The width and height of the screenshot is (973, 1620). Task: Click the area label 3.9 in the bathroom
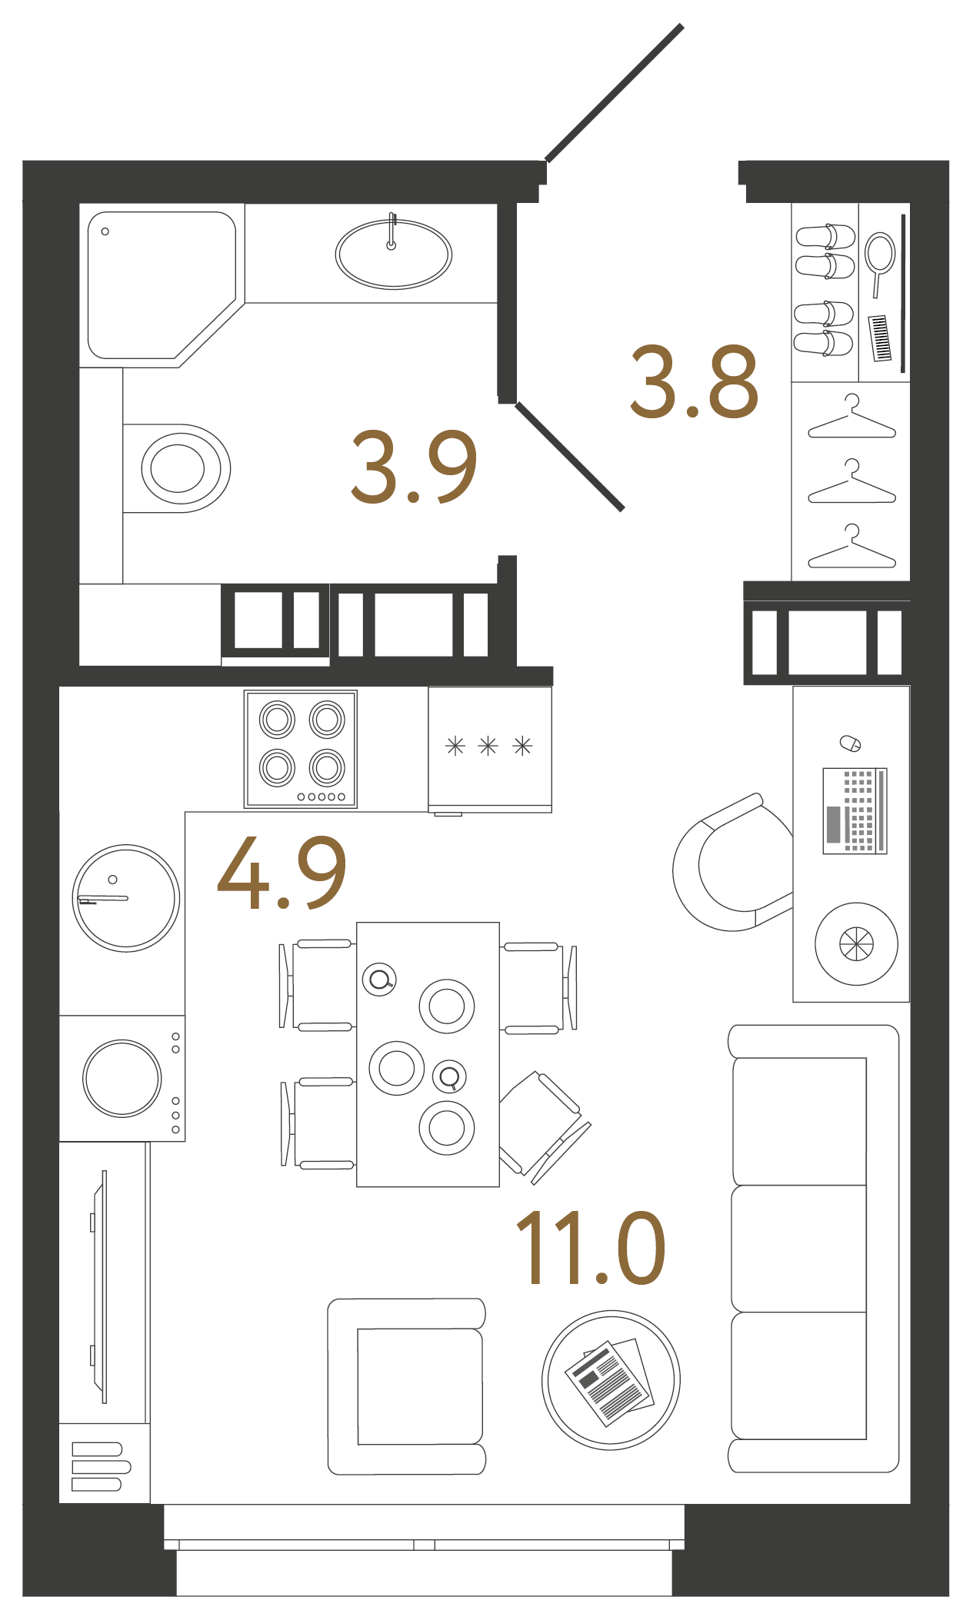414,467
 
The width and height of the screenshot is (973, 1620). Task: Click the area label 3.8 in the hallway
694,382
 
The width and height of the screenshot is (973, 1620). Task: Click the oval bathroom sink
393,254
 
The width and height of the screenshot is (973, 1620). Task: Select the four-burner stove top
300,748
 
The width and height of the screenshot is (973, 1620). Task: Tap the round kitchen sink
126,898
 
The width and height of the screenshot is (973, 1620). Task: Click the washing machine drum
122,1078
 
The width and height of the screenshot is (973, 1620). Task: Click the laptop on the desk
855,810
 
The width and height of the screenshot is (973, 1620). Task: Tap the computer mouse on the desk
850,743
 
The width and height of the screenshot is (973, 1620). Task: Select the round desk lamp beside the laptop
856,943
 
